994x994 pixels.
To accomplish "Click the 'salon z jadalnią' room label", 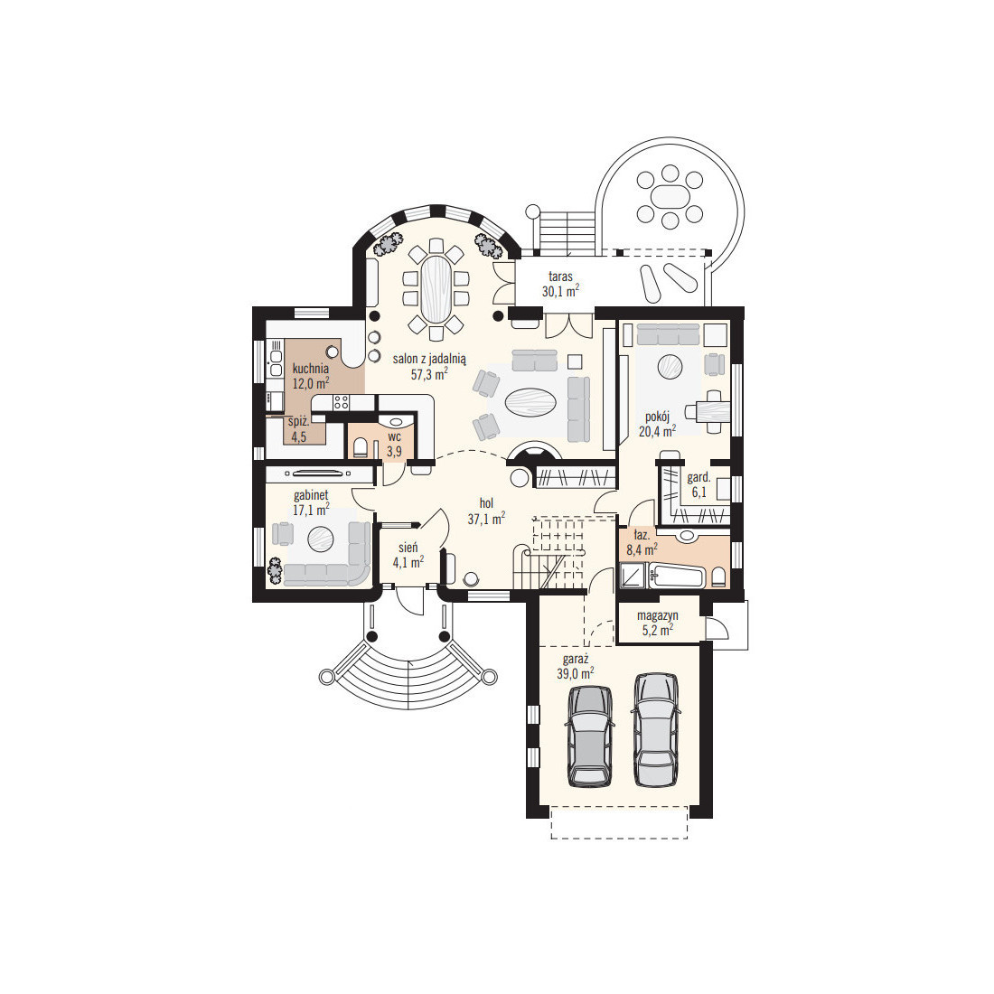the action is [429, 359].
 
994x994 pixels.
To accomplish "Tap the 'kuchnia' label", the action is [311, 369].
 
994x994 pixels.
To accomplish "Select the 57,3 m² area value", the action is [429, 374].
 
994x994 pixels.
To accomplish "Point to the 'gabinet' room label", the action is [311, 495].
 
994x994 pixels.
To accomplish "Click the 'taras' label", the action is [560, 277].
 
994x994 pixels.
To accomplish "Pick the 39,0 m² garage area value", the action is [575, 673].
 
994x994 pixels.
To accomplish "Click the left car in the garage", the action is [590, 736].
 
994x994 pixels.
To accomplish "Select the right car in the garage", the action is [656, 729].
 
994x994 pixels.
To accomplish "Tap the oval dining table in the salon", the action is [436, 288].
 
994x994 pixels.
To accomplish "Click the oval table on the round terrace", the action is [670, 196].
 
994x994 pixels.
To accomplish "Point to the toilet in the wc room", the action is [360, 447].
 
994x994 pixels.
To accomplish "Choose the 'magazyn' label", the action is [657, 615].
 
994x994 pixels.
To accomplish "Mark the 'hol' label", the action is [486, 503].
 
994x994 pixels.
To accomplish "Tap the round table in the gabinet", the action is [321, 539].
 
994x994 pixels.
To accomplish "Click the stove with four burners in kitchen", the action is [341, 401].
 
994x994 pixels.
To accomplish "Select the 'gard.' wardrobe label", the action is [699, 478].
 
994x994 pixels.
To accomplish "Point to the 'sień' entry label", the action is [408, 547].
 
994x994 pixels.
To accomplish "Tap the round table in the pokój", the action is [670, 366].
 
